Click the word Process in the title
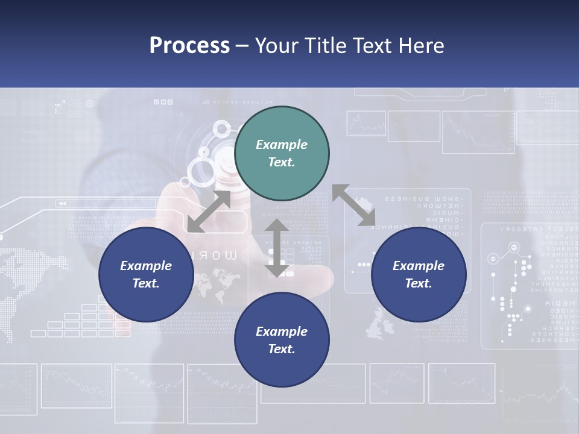[189, 46]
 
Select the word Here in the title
[420, 46]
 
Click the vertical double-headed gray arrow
[277, 248]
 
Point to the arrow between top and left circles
[209, 211]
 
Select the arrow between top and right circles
[353, 206]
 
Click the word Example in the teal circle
[282, 145]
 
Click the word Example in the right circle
[419, 266]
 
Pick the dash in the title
[242, 46]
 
